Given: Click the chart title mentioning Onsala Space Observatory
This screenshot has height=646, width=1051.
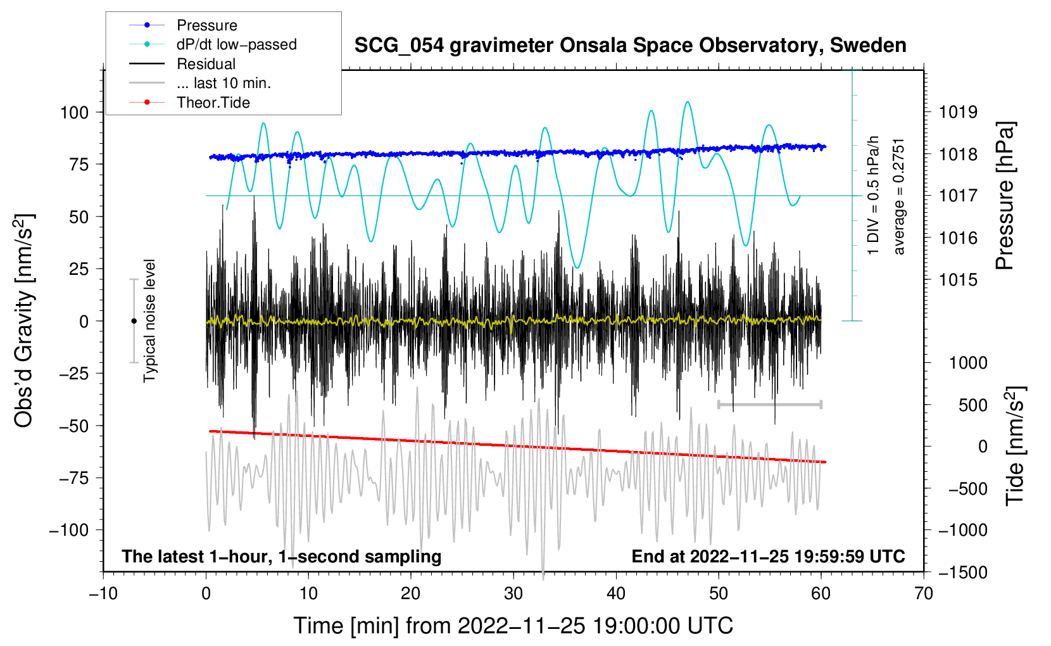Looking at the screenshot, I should [x=630, y=46].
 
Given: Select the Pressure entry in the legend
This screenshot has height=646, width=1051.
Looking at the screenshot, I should [x=206, y=25].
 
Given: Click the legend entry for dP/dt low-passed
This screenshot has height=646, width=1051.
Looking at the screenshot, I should [x=236, y=44].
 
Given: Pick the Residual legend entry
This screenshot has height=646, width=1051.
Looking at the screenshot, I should [x=206, y=64].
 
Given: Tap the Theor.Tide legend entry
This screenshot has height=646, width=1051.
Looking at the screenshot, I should [x=213, y=103].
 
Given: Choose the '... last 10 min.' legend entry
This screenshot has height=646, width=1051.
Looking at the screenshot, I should [x=223, y=83].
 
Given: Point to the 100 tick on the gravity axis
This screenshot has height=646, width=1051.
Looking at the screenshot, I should [x=74, y=113].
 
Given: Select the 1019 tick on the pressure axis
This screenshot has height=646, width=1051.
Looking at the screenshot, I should [x=958, y=113].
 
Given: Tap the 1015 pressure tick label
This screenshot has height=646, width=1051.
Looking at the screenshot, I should [x=958, y=280].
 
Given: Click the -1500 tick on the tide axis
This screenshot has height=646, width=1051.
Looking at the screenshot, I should [x=962, y=572].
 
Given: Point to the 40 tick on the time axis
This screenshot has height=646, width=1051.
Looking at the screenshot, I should [x=616, y=593].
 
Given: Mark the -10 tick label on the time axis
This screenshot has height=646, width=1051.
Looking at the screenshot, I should [x=103, y=593].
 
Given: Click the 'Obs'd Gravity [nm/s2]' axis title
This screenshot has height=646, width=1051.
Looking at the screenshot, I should [x=24, y=320].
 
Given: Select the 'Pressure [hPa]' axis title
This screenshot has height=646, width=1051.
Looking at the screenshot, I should [x=1005, y=196].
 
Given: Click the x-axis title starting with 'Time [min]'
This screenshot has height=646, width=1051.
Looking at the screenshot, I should [x=513, y=626].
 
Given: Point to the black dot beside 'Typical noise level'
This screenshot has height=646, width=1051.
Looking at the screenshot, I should [x=134, y=321].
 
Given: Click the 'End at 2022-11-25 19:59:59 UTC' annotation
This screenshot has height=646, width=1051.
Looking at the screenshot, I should [x=768, y=556].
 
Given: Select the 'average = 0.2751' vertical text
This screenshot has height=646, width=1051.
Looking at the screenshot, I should [x=899, y=196].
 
